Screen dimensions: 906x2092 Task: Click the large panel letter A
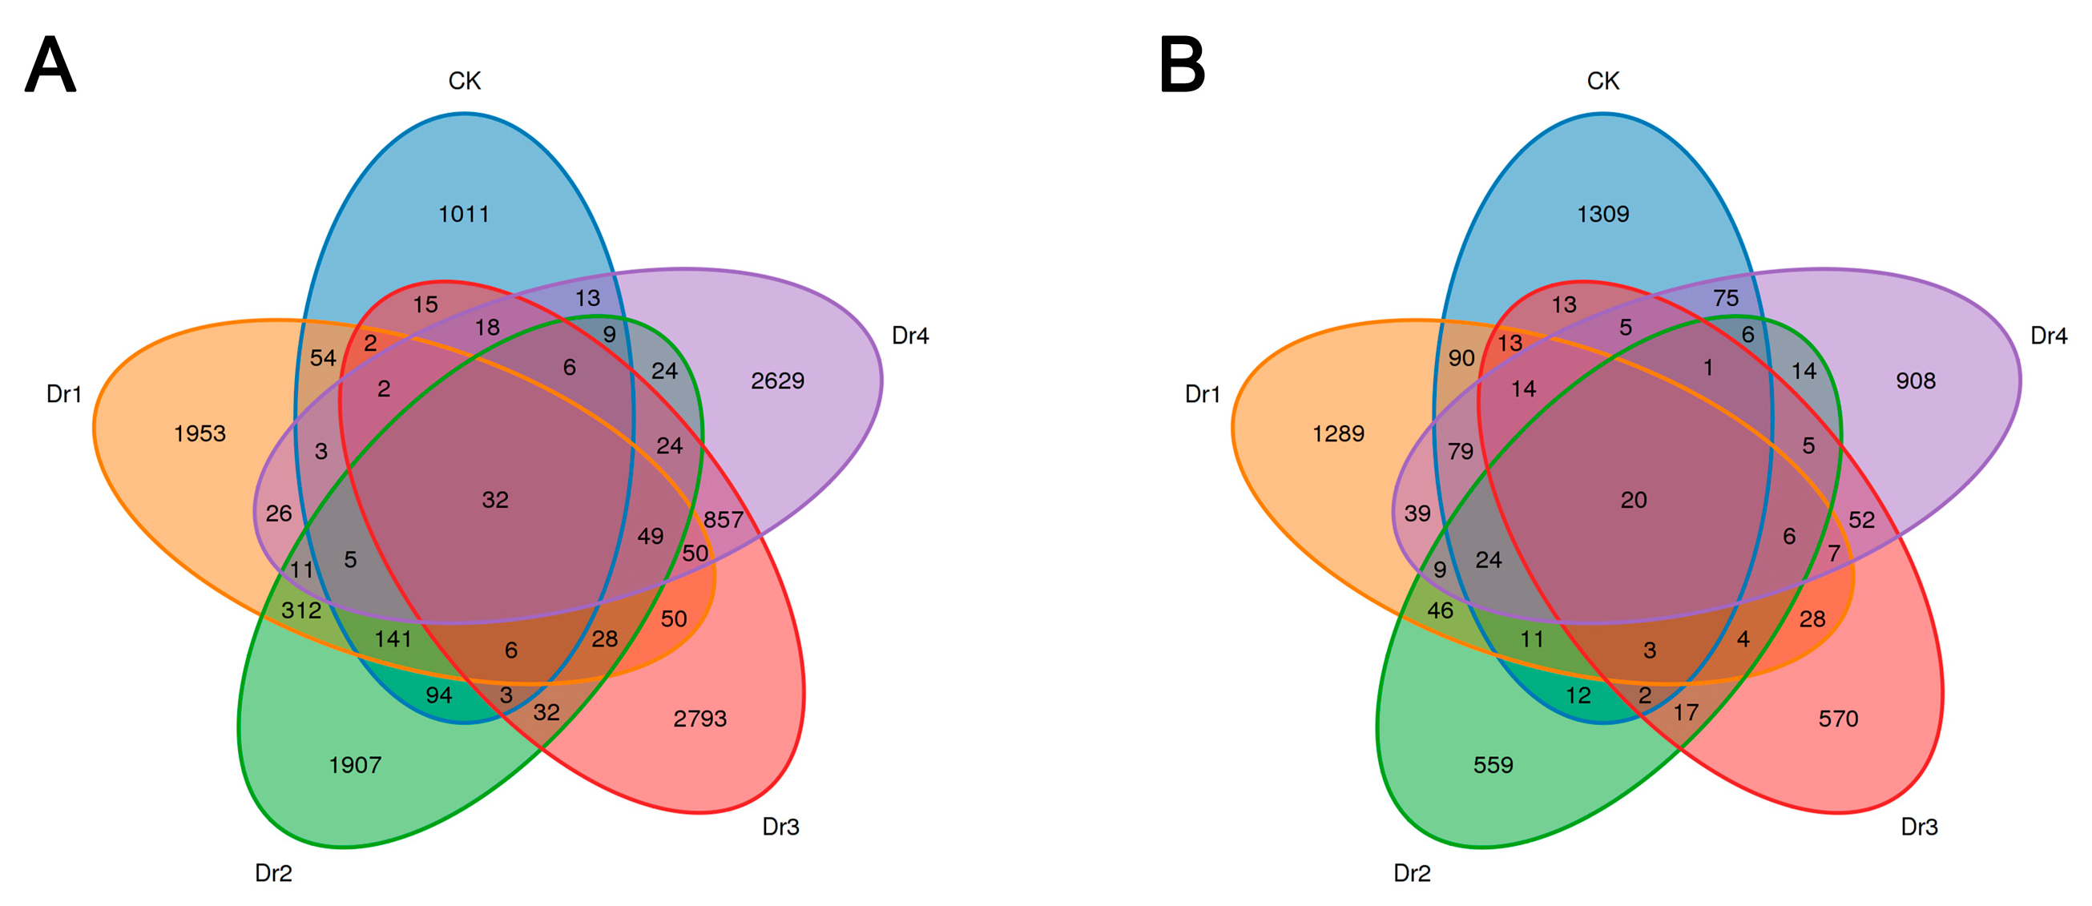point(50,66)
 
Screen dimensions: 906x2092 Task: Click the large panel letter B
point(1182,66)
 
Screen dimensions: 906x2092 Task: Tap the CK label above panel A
point(465,81)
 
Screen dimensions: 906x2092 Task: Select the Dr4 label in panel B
point(2048,336)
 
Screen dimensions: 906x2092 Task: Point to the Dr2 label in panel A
point(274,873)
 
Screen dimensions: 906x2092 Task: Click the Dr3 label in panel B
point(1919,827)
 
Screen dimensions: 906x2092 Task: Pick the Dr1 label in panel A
point(64,395)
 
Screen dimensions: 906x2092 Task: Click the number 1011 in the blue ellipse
point(464,215)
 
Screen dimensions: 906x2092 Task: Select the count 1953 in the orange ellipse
point(200,433)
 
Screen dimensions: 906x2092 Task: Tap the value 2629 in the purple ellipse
point(777,381)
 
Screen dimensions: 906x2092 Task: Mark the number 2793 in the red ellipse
point(700,719)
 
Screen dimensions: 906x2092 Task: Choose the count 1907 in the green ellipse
point(355,765)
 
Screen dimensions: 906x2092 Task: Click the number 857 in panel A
point(724,520)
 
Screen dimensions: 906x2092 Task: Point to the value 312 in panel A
point(301,610)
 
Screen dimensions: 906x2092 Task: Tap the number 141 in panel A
point(393,640)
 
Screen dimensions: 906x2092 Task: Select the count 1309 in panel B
point(1603,215)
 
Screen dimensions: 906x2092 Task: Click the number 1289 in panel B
point(1338,433)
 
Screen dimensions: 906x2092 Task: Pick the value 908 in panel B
point(1916,381)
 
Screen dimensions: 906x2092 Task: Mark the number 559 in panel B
point(1493,765)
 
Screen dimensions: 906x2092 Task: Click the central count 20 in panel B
point(1634,500)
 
